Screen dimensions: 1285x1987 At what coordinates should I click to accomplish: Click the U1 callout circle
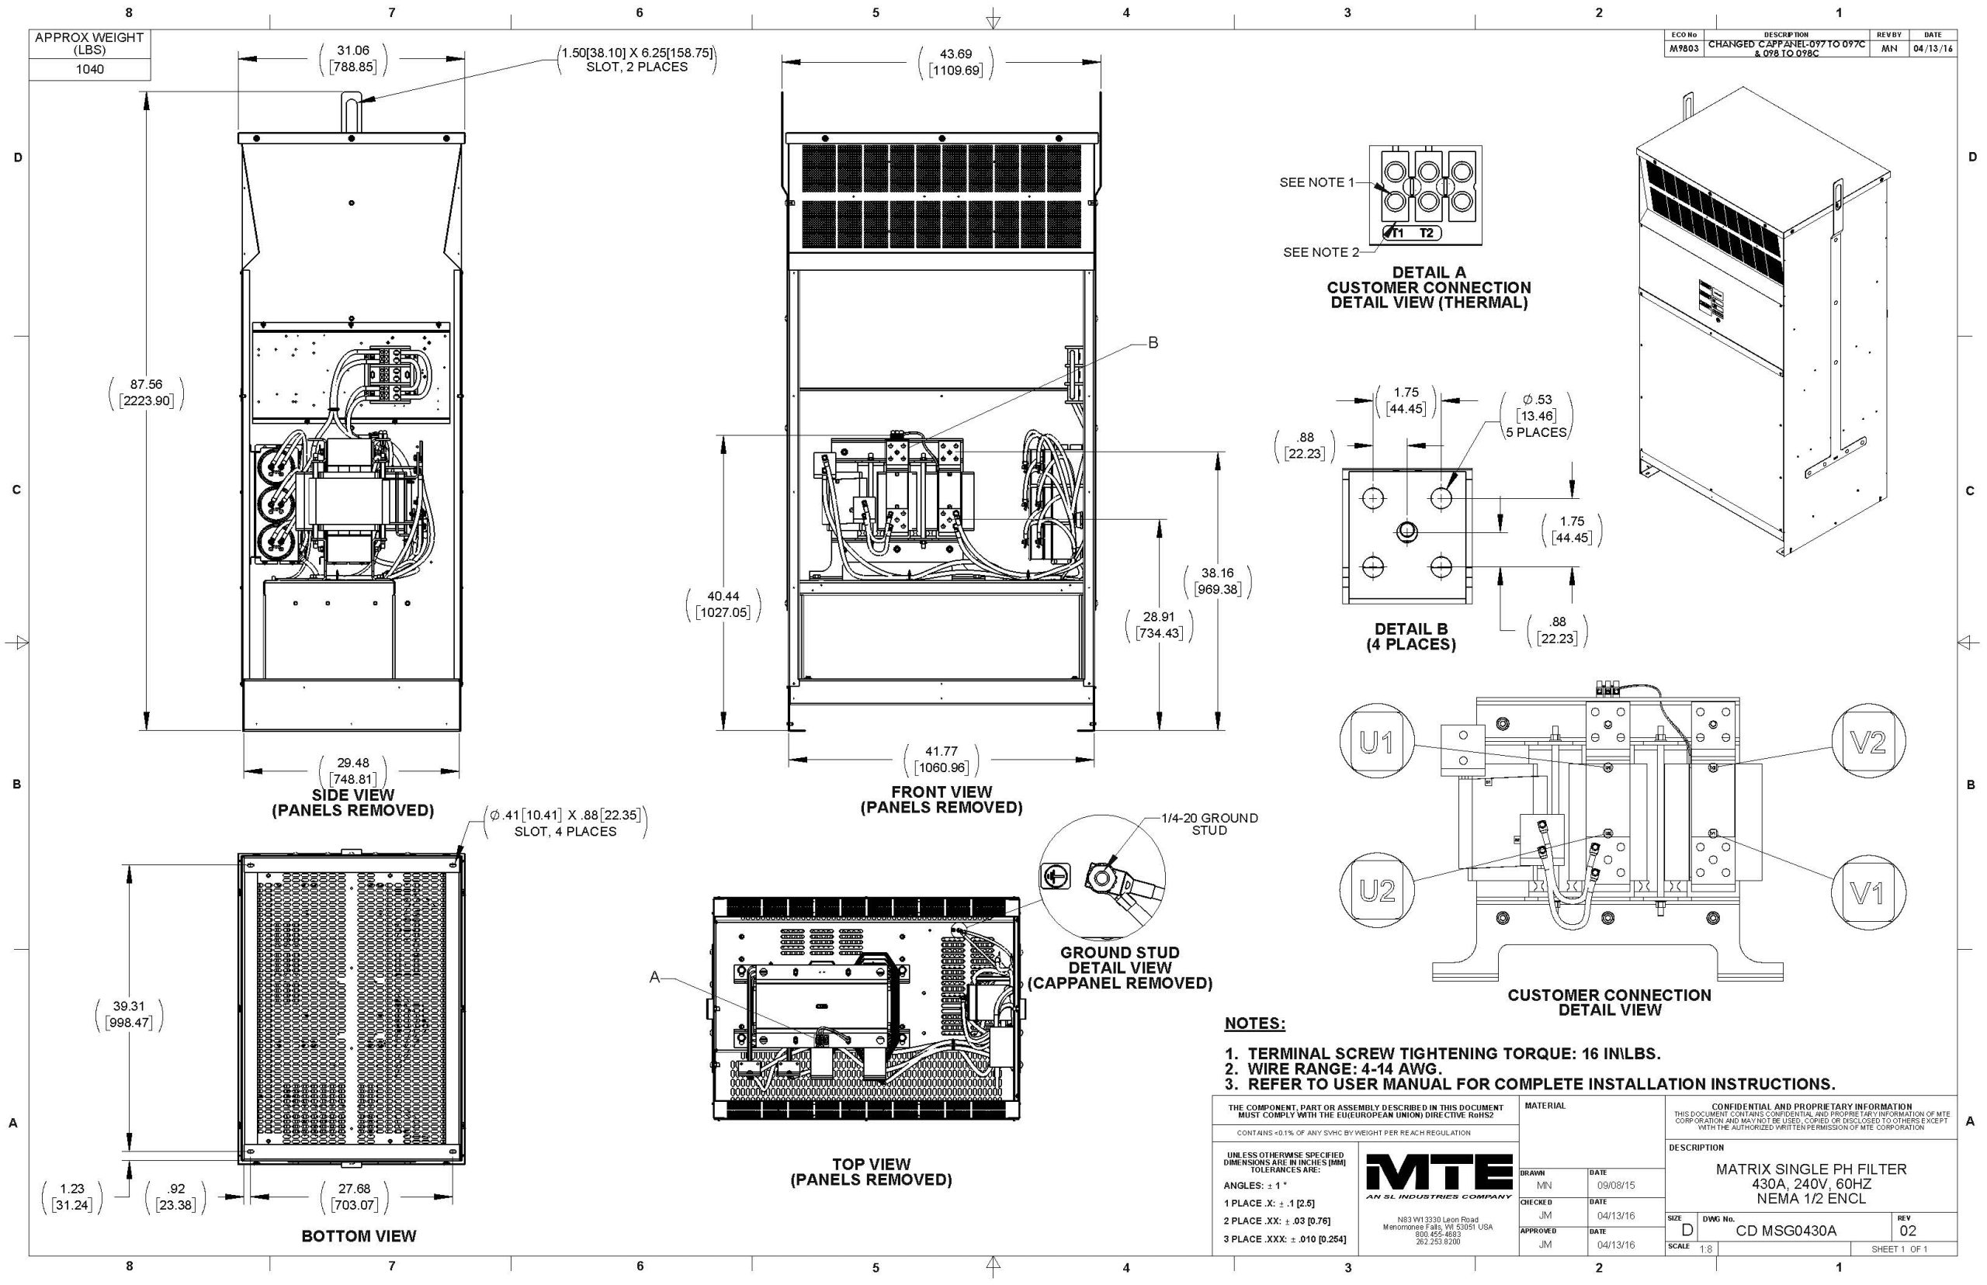coord(1376,743)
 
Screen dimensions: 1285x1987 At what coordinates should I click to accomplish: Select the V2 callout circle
coord(1867,743)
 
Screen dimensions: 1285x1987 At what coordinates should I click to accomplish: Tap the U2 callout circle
coord(1376,891)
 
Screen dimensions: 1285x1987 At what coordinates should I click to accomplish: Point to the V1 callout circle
coord(1867,894)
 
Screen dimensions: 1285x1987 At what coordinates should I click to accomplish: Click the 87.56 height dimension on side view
coord(146,392)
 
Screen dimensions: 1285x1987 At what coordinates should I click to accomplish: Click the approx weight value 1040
coord(89,69)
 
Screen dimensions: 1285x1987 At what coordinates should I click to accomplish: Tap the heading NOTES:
coord(1254,1023)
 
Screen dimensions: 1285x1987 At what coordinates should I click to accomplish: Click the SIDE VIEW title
coord(353,795)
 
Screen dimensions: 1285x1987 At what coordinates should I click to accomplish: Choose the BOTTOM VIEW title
coord(359,1236)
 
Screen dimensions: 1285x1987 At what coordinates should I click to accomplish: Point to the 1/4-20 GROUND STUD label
coord(1209,823)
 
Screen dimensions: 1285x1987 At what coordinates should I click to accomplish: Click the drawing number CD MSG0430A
coord(1785,1231)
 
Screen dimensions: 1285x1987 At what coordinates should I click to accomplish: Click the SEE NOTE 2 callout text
coord(1320,252)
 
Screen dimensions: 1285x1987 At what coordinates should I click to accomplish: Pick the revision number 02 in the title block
coord(1908,1231)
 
